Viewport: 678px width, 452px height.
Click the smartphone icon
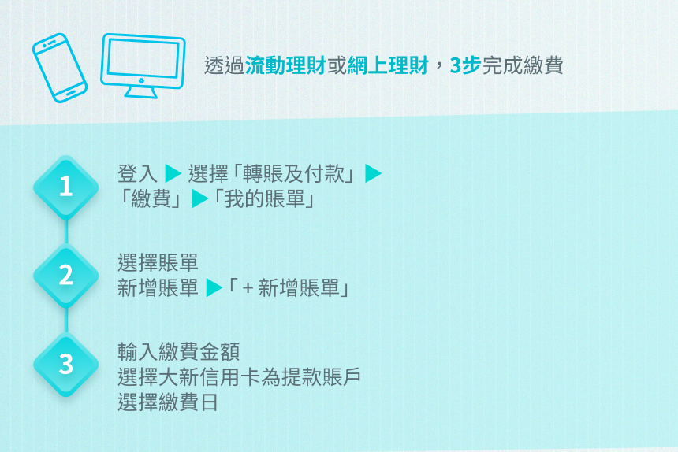click(60, 68)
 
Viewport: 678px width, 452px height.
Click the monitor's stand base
click(141, 93)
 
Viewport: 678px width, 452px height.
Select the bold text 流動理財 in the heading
click(285, 65)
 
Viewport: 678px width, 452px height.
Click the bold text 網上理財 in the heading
click(388, 65)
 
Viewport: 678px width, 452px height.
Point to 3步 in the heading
click(465, 65)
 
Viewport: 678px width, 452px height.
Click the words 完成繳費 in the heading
click(523, 65)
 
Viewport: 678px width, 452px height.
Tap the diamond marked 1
click(65, 187)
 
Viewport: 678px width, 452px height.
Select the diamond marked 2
click(65, 276)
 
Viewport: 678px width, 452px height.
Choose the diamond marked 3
click(65, 365)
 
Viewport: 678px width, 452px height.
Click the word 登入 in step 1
click(137, 174)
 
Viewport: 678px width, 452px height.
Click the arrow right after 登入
click(173, 173)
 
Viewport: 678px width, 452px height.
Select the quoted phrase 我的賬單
click(265, 199)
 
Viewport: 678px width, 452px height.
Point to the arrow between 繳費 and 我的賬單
click(200, 198)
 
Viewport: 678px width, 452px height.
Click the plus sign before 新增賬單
click(248, 288)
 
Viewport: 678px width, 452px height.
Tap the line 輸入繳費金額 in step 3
click(179, 352)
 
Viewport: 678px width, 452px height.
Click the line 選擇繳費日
click(167, 402)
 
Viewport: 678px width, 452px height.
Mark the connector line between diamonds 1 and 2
click(66, 232)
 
